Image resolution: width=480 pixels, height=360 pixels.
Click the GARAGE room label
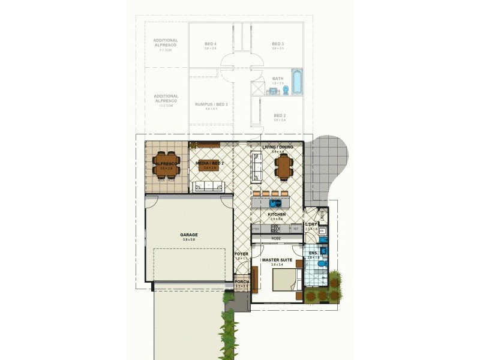(189, 235)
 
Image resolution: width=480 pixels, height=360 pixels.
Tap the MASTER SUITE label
(276, 260)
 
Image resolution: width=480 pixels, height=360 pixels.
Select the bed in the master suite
(287, 280)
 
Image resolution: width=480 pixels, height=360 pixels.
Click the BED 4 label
(210, 44)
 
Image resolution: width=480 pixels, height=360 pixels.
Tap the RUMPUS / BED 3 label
(211, 104)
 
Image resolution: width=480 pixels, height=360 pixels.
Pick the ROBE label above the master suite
(276, 238)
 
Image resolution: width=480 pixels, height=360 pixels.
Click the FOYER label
(241, 254)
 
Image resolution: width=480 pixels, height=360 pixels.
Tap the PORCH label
(241, 281)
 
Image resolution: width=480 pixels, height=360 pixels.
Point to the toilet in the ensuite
(322, 263)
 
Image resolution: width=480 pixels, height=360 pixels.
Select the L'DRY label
(311, 224)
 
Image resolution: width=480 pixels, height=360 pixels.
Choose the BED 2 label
(280, 115)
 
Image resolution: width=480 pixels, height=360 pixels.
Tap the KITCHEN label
(277, 214)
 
